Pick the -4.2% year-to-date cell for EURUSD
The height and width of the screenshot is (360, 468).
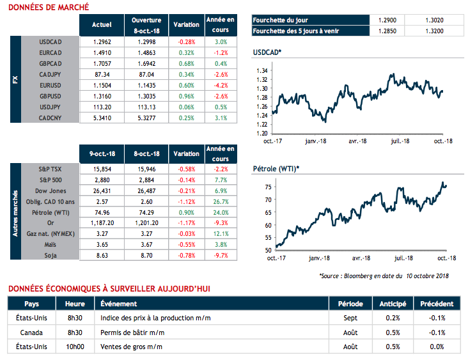(221, 85)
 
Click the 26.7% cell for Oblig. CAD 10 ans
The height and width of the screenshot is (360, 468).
(221, 201)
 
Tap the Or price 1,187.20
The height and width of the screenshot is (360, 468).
(102, 223)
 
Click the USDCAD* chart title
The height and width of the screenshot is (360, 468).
(267, 52)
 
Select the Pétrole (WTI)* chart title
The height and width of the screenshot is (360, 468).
(276, 168)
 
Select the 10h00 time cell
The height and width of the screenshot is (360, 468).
(75, 346)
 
